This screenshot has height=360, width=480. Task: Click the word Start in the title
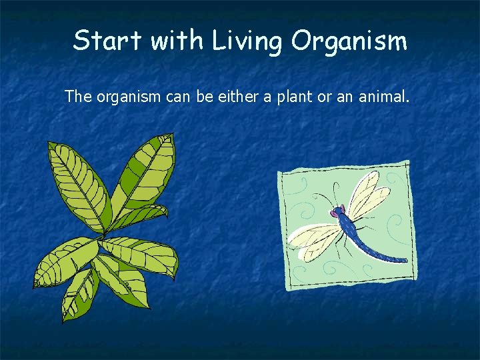pos(108,41)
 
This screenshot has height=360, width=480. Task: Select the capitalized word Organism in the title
pos(349,42)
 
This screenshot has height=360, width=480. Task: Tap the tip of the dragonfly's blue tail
pos(405,260)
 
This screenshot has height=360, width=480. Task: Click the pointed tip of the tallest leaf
pos(171,135)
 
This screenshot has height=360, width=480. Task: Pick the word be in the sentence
pos(204,97)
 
